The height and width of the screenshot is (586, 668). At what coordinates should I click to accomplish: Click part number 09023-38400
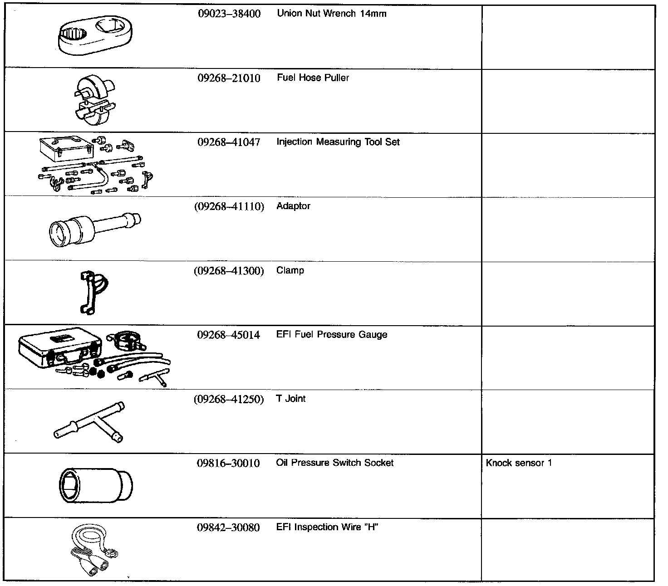click(x=229, y=14)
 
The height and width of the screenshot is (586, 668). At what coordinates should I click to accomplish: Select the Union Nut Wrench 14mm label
click(x=331, y=14)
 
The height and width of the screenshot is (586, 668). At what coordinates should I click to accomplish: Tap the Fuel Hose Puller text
click(x=313, y=78)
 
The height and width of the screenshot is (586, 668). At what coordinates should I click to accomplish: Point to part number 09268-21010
click(x=229, y=78)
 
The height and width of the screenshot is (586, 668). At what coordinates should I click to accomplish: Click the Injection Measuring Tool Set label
click(x=338, y=142)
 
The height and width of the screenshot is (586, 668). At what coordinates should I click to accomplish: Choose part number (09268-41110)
click(x=229, y=207)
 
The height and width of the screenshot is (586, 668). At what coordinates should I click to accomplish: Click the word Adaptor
click(x=293, y=206)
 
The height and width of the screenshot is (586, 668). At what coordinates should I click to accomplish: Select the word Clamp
click(x=290, y=271)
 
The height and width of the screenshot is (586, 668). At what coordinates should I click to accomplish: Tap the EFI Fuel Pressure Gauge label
click(x=331, y=335)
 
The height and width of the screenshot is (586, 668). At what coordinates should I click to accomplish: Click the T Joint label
click(x=290, y=399)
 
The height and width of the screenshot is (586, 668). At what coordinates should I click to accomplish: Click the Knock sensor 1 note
click(x=518, y=463)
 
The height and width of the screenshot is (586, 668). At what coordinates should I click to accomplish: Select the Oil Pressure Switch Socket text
click(x=334, y=463)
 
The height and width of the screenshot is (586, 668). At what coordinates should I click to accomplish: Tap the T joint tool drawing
click(x=89, y=422)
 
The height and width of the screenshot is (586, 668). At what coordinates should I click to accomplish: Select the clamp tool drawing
click(x=93, y=293)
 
